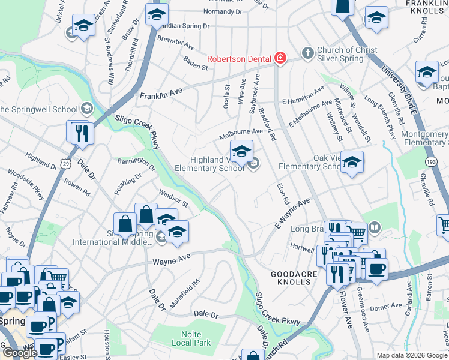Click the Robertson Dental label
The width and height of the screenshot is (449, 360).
[240, 59]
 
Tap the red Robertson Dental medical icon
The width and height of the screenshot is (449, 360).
[280, 58]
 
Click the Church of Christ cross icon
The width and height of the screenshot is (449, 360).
[307, 53]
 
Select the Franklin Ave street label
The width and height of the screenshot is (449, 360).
[160, 94]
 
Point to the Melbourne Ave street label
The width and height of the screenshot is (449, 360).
[241, 131]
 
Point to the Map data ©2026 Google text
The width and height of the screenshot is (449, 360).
[412, 355]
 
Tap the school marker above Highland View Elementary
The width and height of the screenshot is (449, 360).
[241, 151]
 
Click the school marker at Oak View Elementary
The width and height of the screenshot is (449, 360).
[352, 162]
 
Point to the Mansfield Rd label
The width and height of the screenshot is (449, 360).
[184, 293]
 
